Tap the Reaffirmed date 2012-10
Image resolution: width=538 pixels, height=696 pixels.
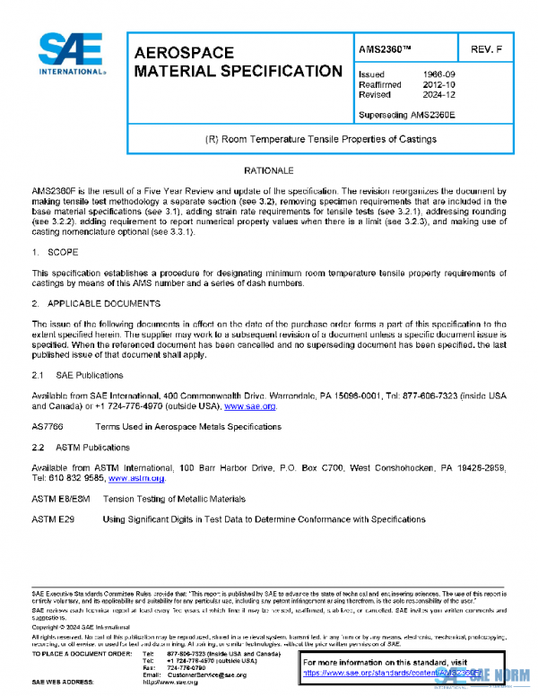pos(438,85)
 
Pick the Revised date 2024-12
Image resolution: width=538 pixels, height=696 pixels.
pos(438,95)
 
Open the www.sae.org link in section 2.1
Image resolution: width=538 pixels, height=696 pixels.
pos(249,407)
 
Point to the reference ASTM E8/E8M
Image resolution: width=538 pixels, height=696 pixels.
pos(59,499)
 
